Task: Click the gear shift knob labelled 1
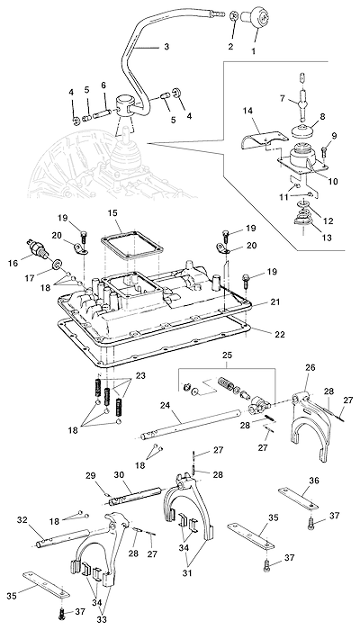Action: click(256, 17)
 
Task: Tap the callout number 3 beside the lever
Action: click(166, 47)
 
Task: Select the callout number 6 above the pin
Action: click(103, 85)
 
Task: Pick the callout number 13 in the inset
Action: click(327, 238)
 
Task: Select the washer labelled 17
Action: click(57, 265)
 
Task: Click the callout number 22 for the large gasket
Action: click(280, 334)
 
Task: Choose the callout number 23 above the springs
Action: click(140, 375)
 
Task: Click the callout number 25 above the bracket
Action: click(227, 356)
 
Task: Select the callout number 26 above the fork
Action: click(310, 367)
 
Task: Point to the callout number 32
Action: click(22, 519)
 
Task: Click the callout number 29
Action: click(92, 475)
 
